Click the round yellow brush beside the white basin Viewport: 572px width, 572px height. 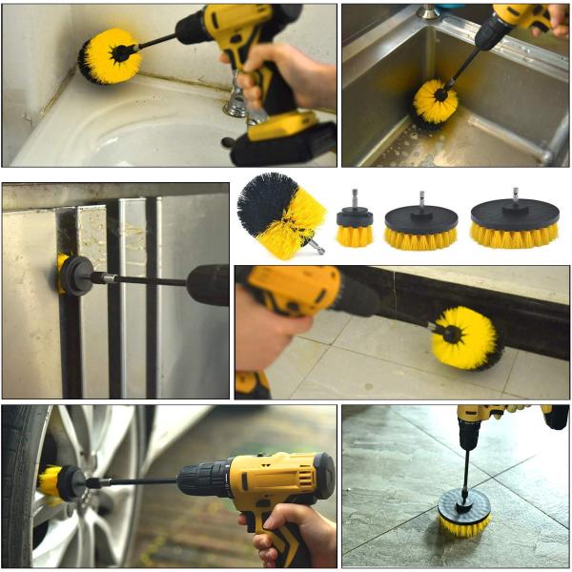click(109, 55)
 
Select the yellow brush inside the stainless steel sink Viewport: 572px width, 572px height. click(435, 102)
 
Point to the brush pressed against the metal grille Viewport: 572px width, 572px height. click(63, 274)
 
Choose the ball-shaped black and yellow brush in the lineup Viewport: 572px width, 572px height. click(280, 215)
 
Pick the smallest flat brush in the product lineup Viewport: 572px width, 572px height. click(355, 225)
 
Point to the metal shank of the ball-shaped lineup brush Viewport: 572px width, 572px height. click(316, 248)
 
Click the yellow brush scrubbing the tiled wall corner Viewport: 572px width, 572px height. click(465, 337)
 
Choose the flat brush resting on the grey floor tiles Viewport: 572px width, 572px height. click(464, 512)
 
